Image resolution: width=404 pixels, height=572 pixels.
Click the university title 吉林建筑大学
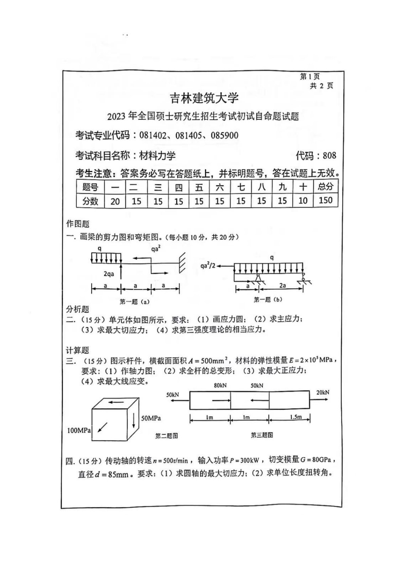click(x=204, y=98)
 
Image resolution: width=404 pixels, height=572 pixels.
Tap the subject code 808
click(x=329, y=156)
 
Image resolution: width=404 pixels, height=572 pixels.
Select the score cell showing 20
click(x=115, y=201)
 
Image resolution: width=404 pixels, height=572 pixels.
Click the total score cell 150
click(x=325, y=200)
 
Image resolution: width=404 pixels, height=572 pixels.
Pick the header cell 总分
click(x=326, y=186)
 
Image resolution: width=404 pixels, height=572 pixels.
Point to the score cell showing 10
click(x=302, y=201)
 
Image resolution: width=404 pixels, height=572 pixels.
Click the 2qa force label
click(x=109, y=274)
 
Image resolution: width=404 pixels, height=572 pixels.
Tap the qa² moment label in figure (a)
click(x=156, y=249)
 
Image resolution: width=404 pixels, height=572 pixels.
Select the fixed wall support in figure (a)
click(x=182, y=262)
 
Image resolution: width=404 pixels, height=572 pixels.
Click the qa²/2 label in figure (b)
click(x=208, y=266)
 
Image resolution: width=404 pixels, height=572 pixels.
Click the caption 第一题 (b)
click(x=268, y=299)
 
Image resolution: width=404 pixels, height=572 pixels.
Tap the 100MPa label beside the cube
click(x=79, y=430)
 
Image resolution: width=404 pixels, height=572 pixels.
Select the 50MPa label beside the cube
click(x=151, y=418)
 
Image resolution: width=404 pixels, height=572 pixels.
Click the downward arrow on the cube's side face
click(x=134, y=420)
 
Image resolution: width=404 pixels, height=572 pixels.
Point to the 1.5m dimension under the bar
click(x=296, y=417)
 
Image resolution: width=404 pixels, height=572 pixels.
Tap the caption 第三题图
click(x=262, y=435)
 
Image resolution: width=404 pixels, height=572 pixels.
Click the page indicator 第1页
click(x=310, y=76)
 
